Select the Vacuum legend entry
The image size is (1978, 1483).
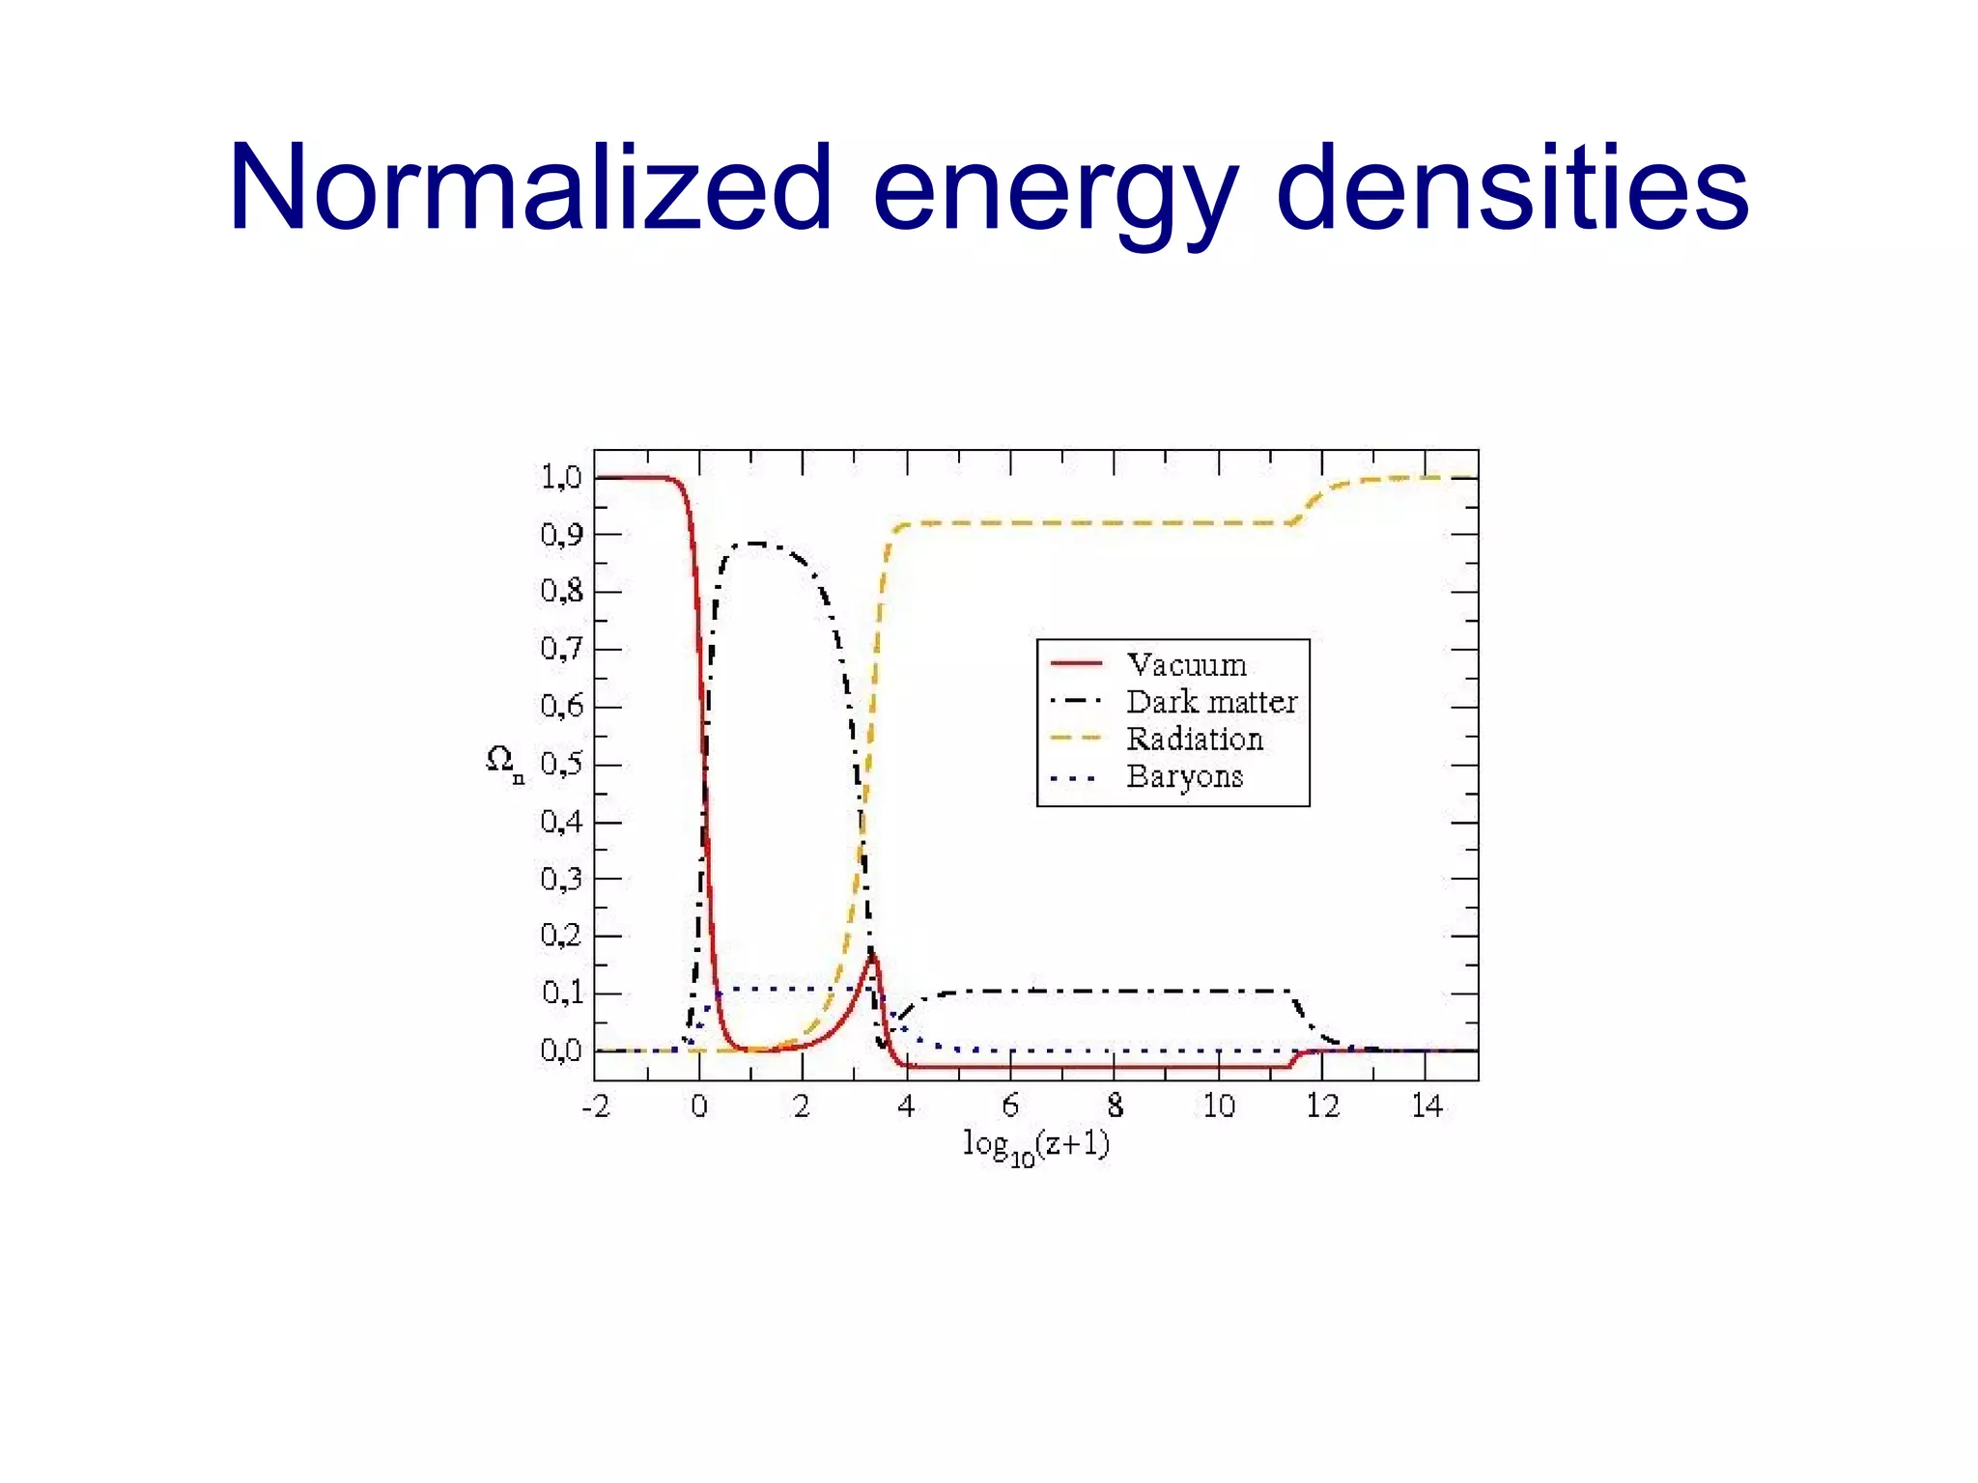tap(1187, 665)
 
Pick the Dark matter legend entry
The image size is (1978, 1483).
tap(1211, 702)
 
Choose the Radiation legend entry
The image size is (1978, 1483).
tap(1195, 740)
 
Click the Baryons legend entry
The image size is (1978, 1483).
tap(1185, 776)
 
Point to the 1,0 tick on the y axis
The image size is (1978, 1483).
tap(561, 477)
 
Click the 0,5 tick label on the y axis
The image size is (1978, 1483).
tap(561, 765)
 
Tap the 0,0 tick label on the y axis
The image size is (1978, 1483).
tap(561, 1050)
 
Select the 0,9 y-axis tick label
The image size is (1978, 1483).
tap(561, 534)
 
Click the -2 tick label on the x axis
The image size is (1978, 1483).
tap(596, 1106)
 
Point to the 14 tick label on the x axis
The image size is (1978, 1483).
tap(1427, 1106)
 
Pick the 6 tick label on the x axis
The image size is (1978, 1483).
tap(1010, 1106)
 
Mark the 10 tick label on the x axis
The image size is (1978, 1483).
tap(1218, 1106)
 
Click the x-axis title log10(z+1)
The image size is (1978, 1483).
tap(1036, 1146)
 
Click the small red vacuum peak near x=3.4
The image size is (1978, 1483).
tap(872, 955)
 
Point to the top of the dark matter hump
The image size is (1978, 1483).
tap(754, 544)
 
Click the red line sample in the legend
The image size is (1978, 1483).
tap(1076, 664)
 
